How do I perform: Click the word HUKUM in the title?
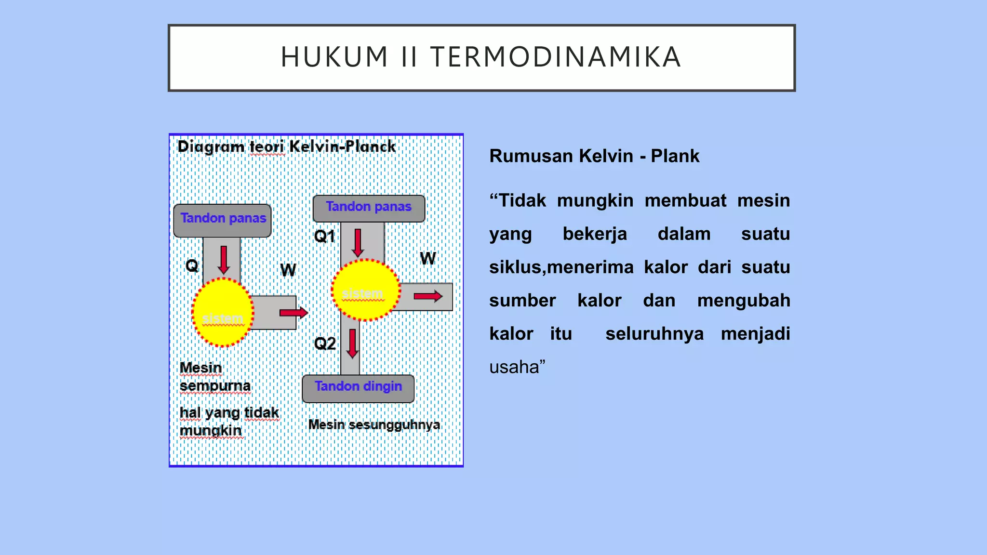pos(334,57)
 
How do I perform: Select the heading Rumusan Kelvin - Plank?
pos(594,156)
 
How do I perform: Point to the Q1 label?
pos(324,237)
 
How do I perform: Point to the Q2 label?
pos(324,344)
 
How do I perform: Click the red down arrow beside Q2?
pos(353,344)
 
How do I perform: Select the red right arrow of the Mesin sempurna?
pos(293,313)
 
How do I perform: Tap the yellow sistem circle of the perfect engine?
pos(223,313)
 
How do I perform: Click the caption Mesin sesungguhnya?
pos(374,424)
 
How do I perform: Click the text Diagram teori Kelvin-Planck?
pos(286,146)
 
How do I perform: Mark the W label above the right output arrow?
pos(427,259)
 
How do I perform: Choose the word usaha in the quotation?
pos(514,367)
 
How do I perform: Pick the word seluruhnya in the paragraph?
pos(654,334)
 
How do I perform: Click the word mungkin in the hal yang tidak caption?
pos(211,430)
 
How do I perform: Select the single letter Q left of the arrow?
pos(192,265)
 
